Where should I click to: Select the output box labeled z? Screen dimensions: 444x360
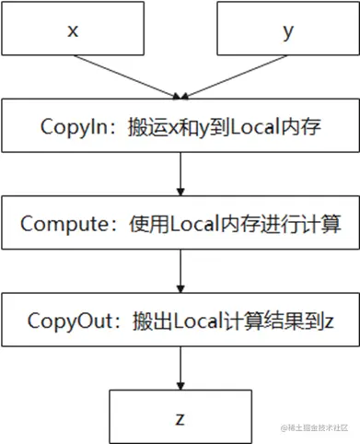pyautogui.click(x=180, y=416)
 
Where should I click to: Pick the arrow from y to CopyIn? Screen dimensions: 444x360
pyautogui.click(x=234, y=77)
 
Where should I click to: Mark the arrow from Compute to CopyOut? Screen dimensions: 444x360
pyautogui.click(x=180, y=271)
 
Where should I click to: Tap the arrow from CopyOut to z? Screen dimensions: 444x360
pyautogui.click(x=180, y=368)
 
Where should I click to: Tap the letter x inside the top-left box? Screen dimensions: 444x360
pyautogui.click(x=72, y=29)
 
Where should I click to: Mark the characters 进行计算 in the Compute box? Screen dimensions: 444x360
pyautogui.click(x=307, y=223)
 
